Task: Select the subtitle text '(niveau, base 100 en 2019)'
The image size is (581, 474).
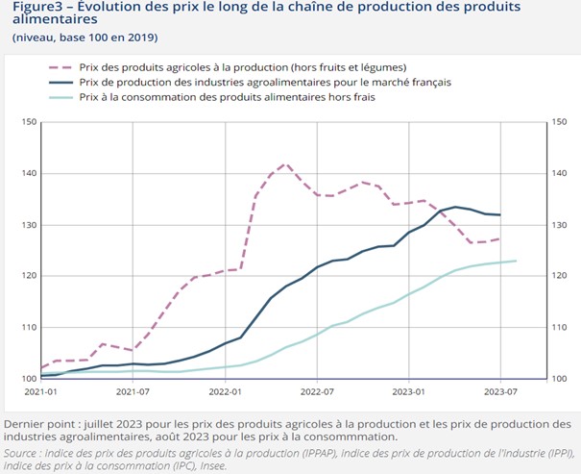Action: [85, 37]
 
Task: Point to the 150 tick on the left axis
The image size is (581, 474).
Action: [28, 122]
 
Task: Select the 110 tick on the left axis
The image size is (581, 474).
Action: [28, 327]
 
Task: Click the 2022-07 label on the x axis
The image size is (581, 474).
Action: [317, 392]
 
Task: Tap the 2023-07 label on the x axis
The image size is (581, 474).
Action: [501, 392]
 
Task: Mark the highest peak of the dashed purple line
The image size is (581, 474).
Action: [284, 164]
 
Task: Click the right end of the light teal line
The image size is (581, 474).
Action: [517, 261]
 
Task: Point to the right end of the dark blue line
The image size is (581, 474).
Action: [501, 214]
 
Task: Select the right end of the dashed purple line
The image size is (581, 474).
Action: [501, 238]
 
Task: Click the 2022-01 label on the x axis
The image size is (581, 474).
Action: [225, 392]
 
